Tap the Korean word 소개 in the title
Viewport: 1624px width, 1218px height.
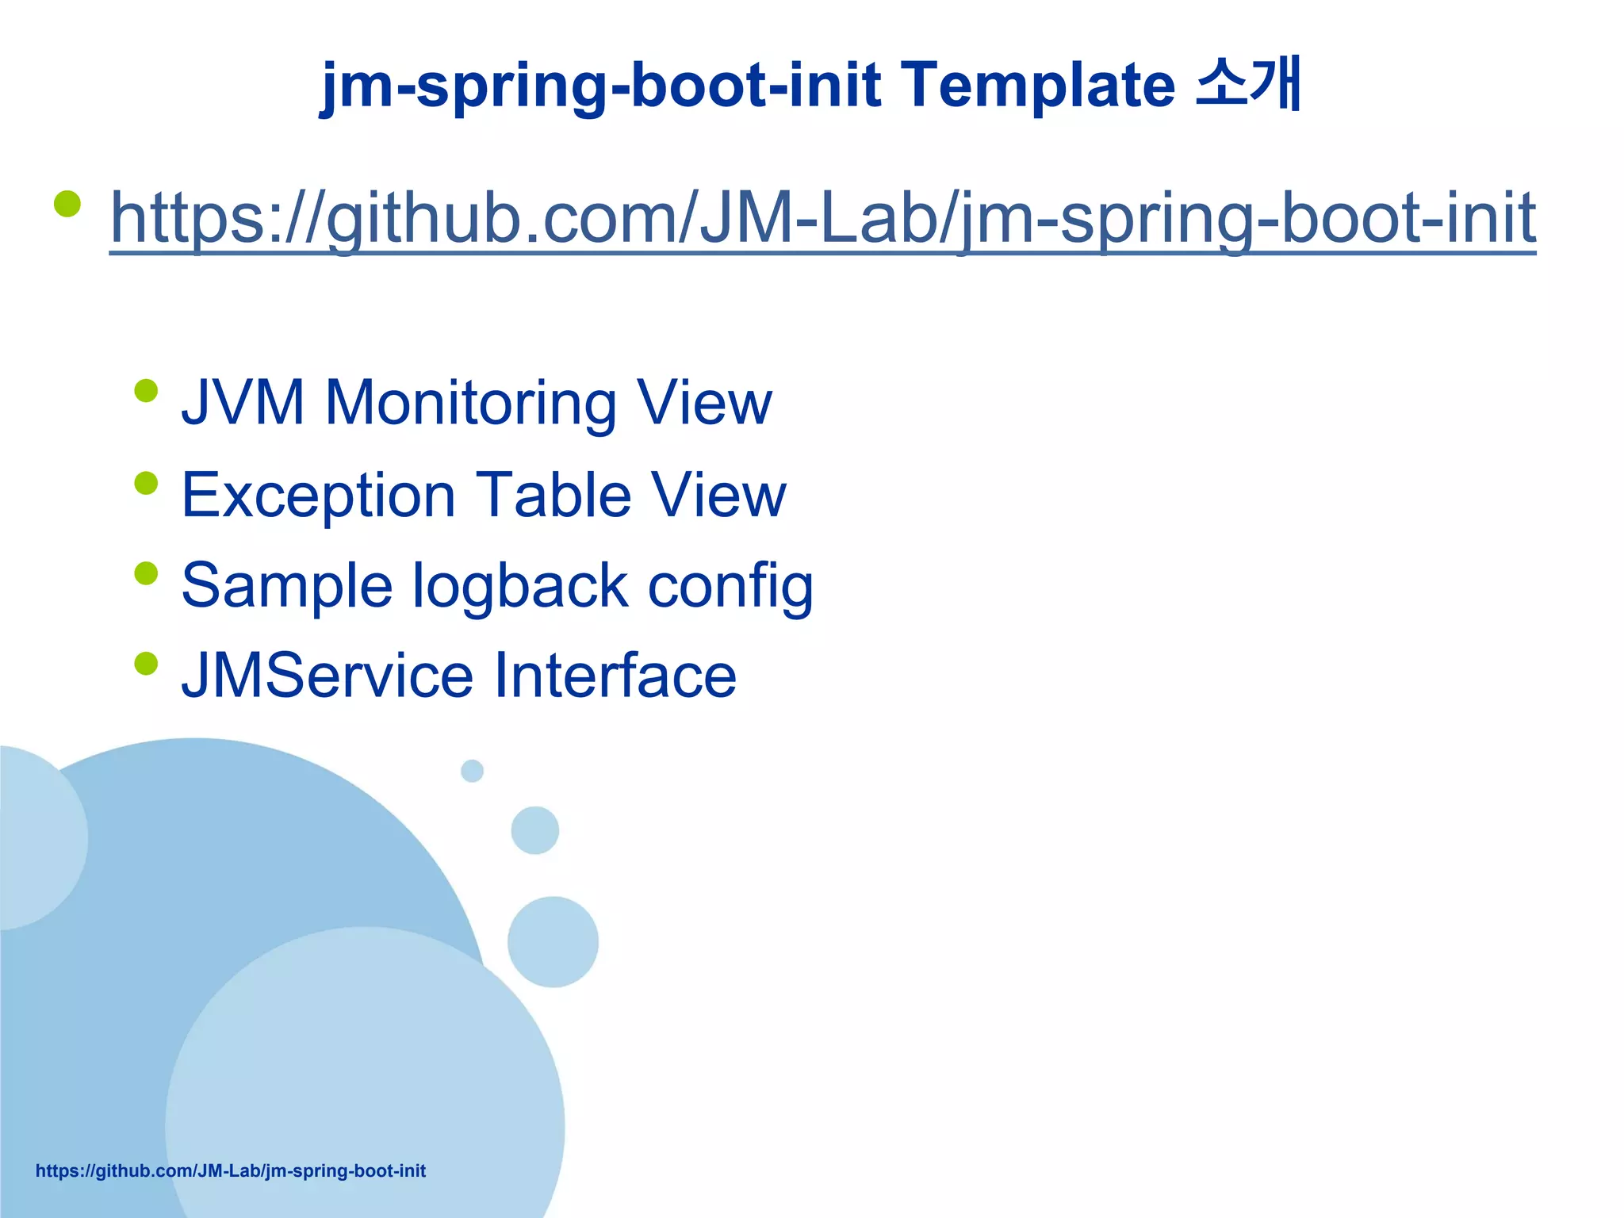click(1248, 82)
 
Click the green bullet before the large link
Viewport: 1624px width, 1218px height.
click(67, 204)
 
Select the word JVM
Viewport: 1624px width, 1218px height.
click(243, 403)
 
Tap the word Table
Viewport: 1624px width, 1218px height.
click(553, 495)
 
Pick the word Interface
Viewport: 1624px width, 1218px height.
click(615, 676)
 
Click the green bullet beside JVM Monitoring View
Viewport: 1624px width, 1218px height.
click(146, 391)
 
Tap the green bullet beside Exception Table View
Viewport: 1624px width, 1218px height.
click(146, 483)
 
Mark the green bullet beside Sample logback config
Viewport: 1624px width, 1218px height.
click(146, 573)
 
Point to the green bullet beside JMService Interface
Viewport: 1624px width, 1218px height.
click(146, 663)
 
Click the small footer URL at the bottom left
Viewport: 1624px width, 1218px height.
click(231, 1171)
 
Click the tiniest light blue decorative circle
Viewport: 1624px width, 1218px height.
click(472, 770)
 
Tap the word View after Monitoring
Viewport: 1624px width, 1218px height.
click(704, 403)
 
